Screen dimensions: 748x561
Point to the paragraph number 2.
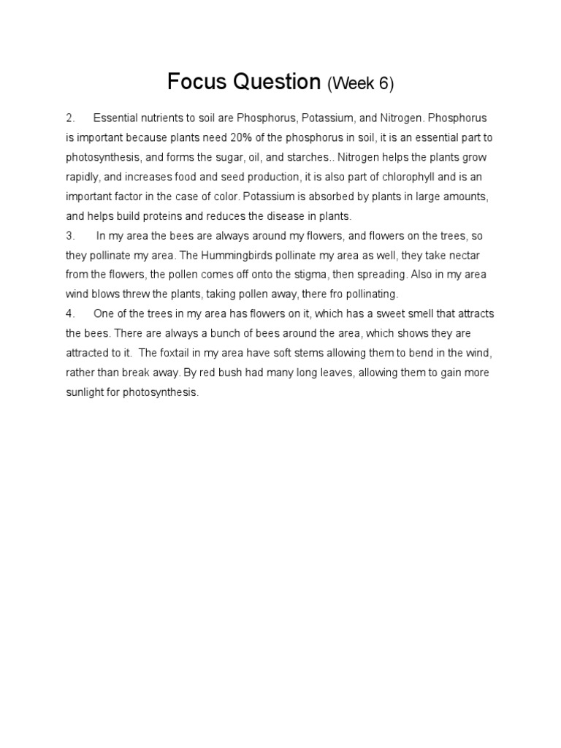coord(71,118)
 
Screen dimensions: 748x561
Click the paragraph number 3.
coord(71,236)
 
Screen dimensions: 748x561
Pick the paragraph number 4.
coord(71,314)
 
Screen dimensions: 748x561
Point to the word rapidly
coord(81,177)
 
